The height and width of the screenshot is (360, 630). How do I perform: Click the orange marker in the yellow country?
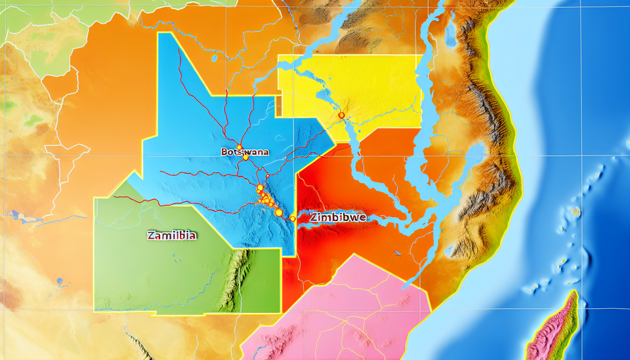(341, 115)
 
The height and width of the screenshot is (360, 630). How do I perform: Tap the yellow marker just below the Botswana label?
(245, 157)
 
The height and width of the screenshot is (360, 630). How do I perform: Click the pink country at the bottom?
(341, 308)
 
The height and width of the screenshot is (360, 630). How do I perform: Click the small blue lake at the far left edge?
(13, 214)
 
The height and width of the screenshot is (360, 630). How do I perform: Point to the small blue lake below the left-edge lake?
(60, 283)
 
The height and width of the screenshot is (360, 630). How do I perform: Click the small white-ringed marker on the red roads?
(268, 176)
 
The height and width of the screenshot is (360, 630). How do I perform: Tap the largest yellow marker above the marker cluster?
(260, 188)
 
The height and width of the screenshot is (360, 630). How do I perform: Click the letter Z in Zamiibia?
(152, 234)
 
